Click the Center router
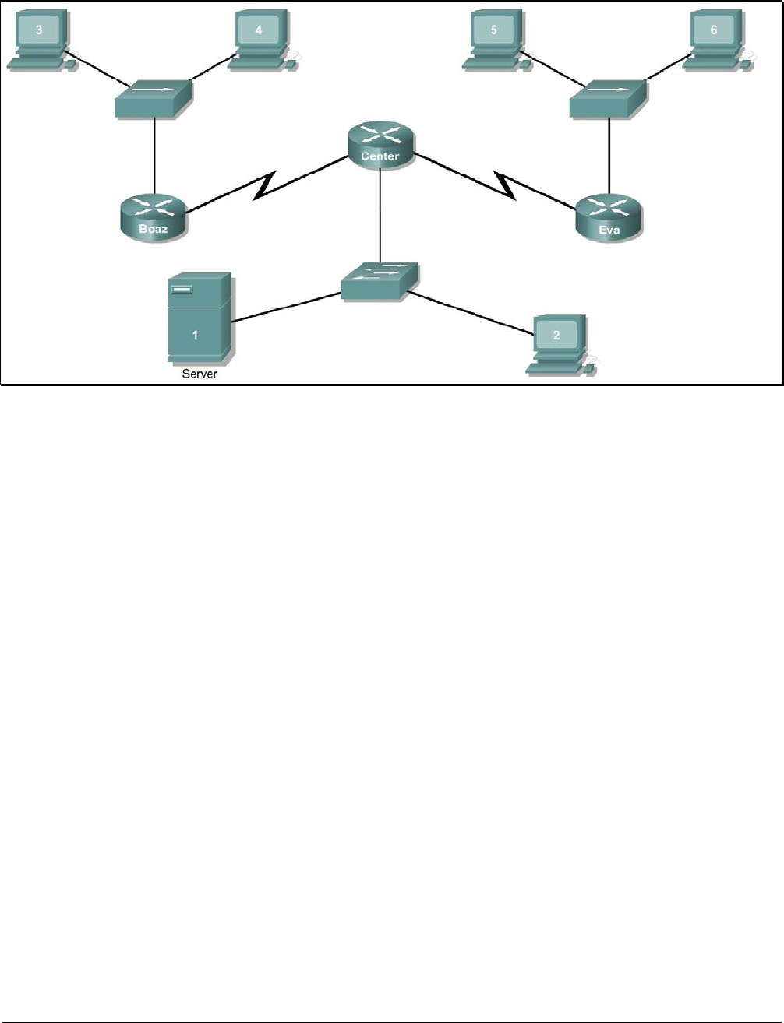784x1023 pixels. [380, 145]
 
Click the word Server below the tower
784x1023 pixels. [200, 374]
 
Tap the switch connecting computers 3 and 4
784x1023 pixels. [154, 99]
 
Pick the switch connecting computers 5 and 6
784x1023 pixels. [608, 99]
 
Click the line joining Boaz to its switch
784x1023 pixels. [154, 156]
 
